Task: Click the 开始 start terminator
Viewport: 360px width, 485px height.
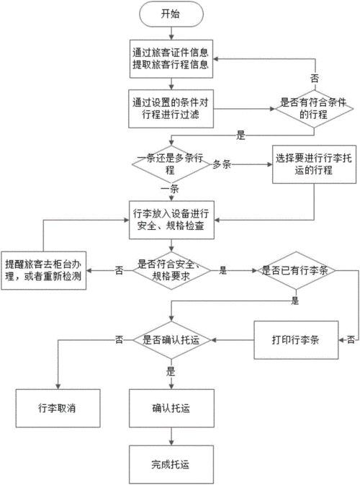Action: click(x=171, y=14)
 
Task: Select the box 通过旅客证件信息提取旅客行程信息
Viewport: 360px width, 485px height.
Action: click(x=171, y=59)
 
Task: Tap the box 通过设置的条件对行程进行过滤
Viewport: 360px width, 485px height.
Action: click(x=171, y=109)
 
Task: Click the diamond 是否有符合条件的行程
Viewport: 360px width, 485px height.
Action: click(x=314, y=109)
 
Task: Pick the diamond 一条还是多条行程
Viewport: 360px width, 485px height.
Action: click(x=171, y=164)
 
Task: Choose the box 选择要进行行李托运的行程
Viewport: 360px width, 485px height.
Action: click(x=314, y=164)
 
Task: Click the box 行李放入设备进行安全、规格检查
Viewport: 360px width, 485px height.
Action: click(x=171, y=220)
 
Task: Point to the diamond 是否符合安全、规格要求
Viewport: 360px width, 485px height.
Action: click(x=171, y=271)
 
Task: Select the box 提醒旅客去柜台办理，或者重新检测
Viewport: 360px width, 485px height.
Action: click(x=44, y=271)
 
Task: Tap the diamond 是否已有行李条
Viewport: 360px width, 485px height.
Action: click(x=297, y=271)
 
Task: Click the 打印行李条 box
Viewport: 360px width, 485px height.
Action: click(x=296, y=340)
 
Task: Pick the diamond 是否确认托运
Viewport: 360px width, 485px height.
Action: click(x=171, y=340)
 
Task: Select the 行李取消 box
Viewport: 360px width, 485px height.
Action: click(x=58, y=409)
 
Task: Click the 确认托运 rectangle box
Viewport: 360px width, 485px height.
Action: click(x=171, y=409)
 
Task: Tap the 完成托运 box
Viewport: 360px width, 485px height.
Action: click(x=171, y=465)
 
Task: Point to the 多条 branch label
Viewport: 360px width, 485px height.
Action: click(x=222, y=164)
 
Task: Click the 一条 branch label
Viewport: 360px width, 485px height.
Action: click(x=170, y=189)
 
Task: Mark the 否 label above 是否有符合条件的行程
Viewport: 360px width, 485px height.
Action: click(x=315, y=79)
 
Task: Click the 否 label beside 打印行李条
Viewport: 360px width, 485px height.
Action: click(x=351, y=339)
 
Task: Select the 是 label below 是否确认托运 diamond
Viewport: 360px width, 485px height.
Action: click(x=171, y=371)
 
